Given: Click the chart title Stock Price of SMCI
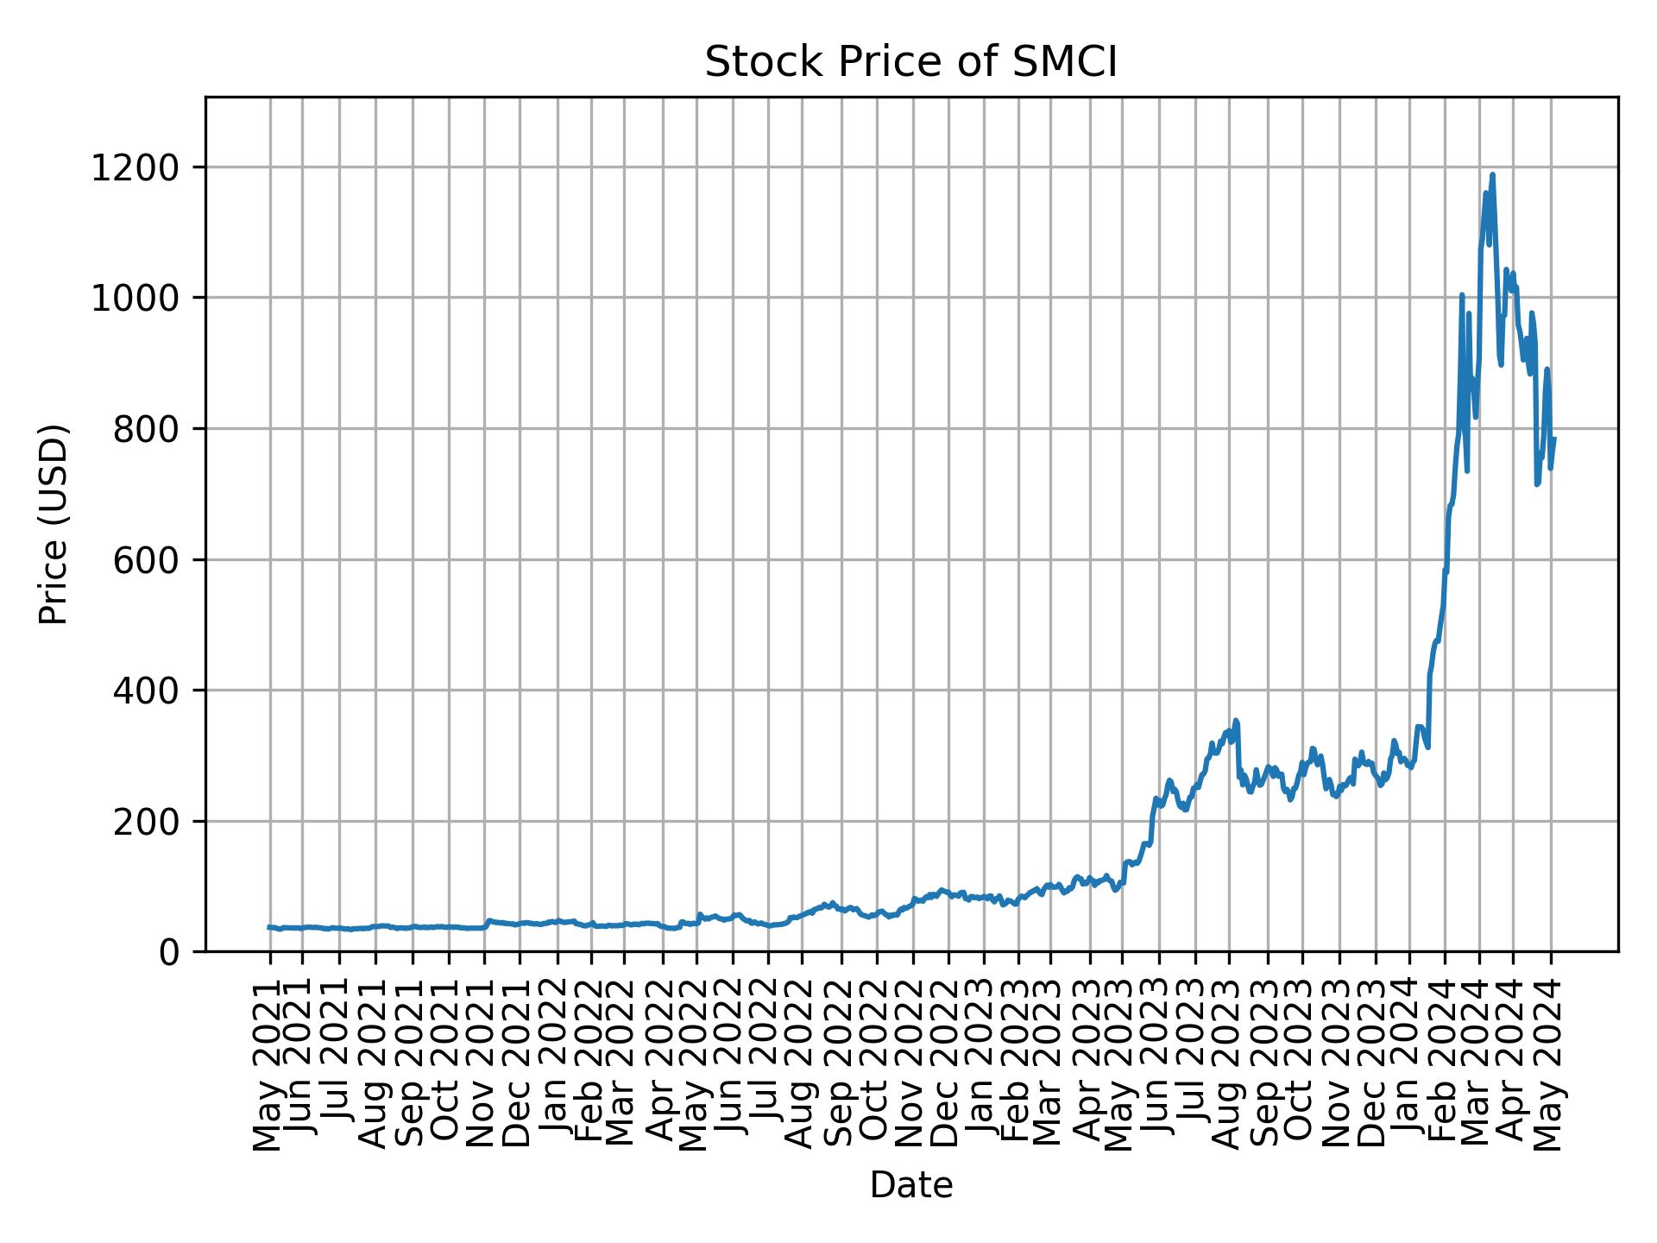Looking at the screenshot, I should pyautogui.click(x=910, y=63).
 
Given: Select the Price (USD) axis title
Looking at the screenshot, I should pyautogui.click(x=54, y=524).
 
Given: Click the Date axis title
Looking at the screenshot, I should pyautogui.click(x=910, y=1186).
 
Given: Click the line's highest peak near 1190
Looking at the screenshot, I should pyautogui.click(x=1492, y=174).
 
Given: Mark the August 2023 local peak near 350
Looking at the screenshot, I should pyautogui.click(x=1236, y=720).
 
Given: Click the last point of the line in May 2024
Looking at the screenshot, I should pyautogui.click(x=1554, y=439).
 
